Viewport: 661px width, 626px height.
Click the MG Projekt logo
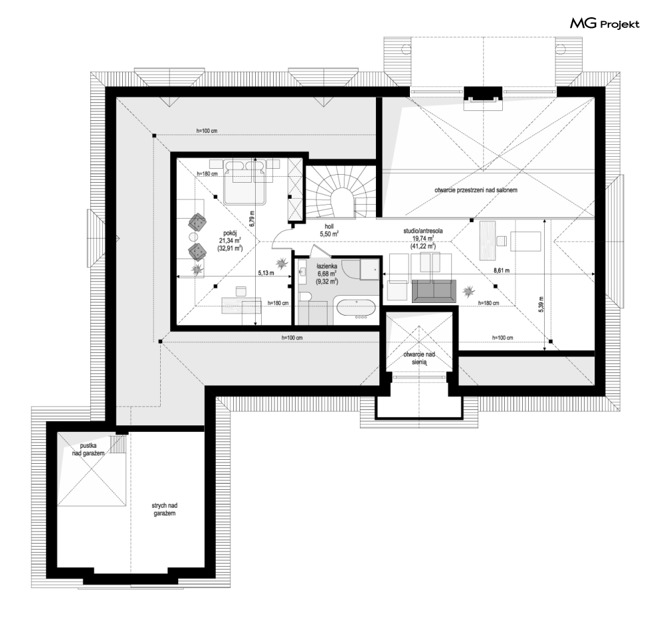[605, 24]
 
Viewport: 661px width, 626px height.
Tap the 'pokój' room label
[230, 233]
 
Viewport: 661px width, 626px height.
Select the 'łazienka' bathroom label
[327, 266]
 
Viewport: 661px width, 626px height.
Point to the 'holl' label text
[329, 227]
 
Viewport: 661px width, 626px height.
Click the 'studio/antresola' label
[423, 231]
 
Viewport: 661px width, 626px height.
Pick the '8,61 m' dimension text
[501, 270]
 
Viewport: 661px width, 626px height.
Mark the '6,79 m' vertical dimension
[252, 219]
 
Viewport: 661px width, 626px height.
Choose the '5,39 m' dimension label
[541, 304]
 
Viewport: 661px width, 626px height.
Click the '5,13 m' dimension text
[266, 273]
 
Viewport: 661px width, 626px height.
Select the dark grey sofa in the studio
[434, 290]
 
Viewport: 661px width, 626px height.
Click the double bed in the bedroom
[246, 181]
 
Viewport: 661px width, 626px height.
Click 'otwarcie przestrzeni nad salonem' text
[476, 190]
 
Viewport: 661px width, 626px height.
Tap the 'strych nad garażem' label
[164, 509]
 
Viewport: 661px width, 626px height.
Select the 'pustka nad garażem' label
[88, 449]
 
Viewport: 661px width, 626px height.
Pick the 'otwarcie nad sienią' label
[419, 358]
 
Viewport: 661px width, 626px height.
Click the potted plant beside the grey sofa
[468, 290]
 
